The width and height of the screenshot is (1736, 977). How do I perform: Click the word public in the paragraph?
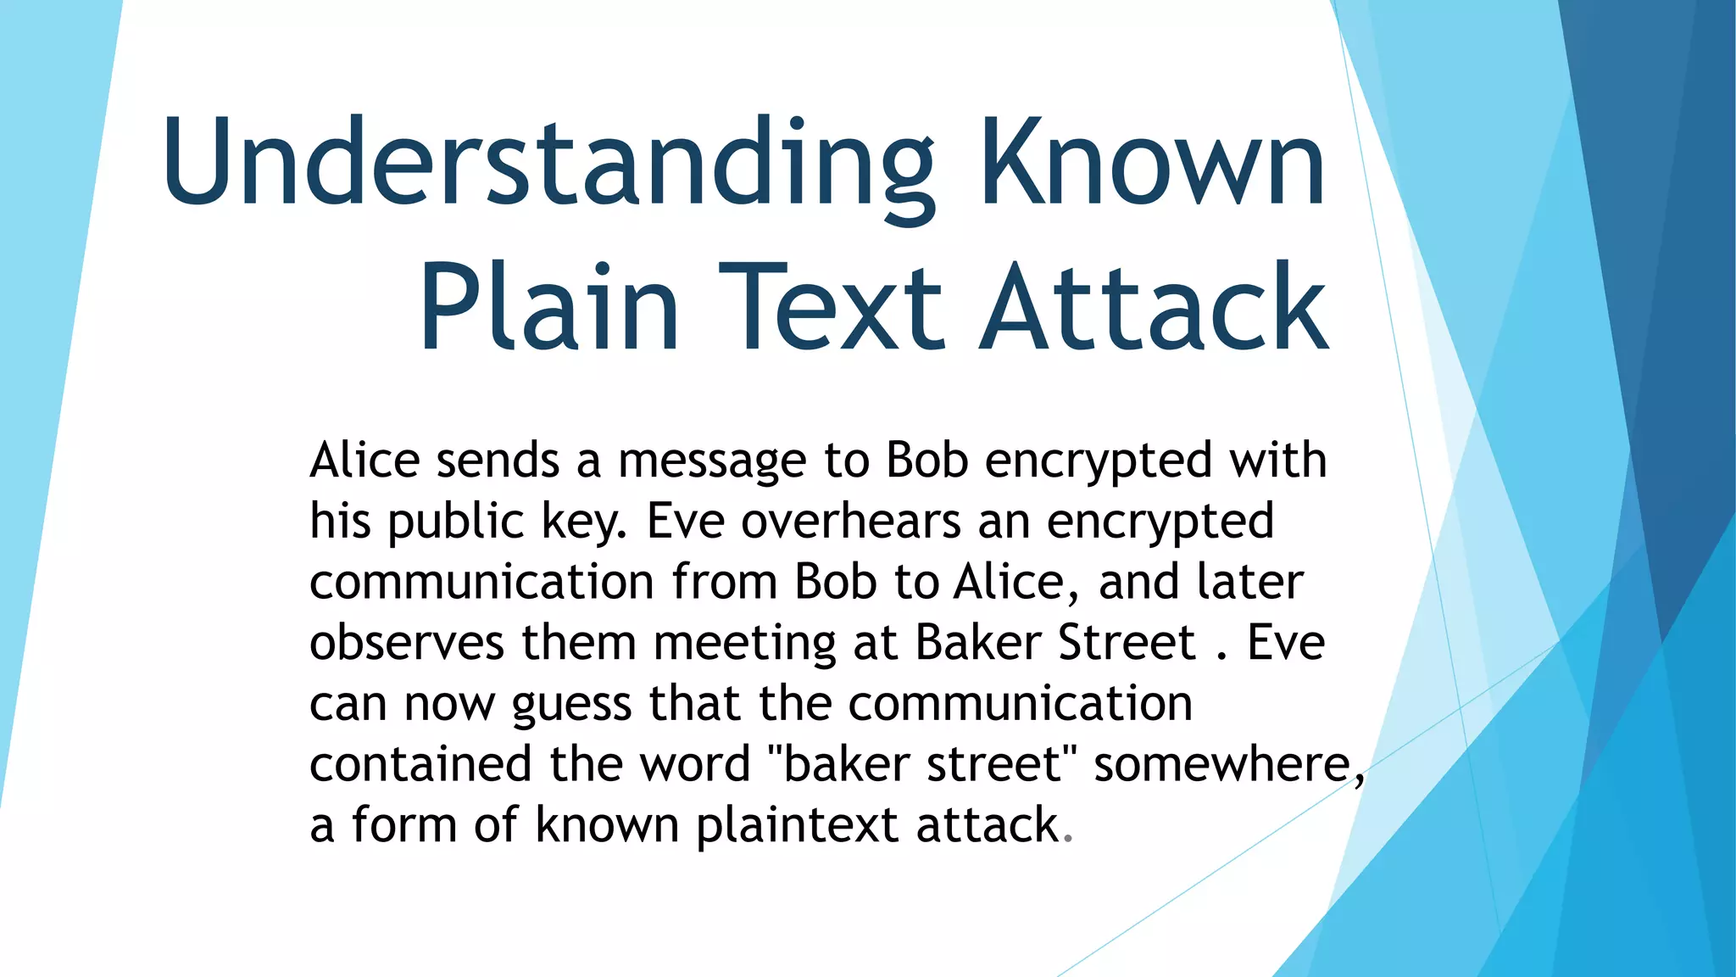[456, 522]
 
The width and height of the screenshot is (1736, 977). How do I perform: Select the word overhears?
[851, 522]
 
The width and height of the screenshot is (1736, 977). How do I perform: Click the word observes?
[407, 643]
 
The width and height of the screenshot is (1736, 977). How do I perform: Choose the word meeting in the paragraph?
[745, 645]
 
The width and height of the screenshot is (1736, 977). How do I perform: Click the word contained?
[420, 764]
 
